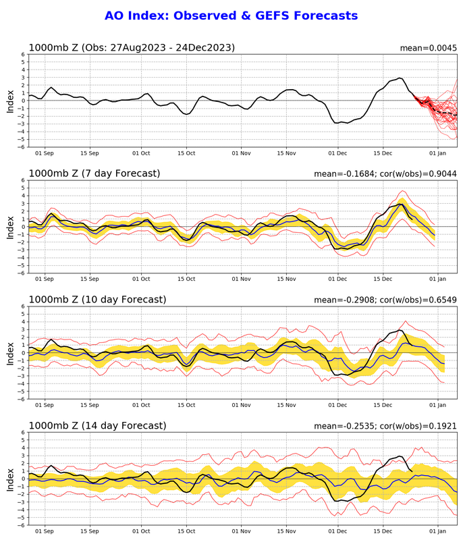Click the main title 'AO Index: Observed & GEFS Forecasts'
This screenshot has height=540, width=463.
(231, 16)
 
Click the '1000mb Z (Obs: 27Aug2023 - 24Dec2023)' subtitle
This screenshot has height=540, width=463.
(131, 47)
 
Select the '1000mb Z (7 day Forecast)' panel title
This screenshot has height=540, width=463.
(94, 173)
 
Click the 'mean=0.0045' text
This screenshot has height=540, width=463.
(427, 48)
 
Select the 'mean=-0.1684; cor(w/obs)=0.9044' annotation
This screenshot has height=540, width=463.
(385, 174)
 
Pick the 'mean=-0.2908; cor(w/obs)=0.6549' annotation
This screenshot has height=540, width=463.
(385, 300)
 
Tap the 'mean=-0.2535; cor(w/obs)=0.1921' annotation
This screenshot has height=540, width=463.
(385, 426)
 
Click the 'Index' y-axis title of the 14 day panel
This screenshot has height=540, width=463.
(9, 478)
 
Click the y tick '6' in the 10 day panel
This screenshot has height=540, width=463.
(23, 306)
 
